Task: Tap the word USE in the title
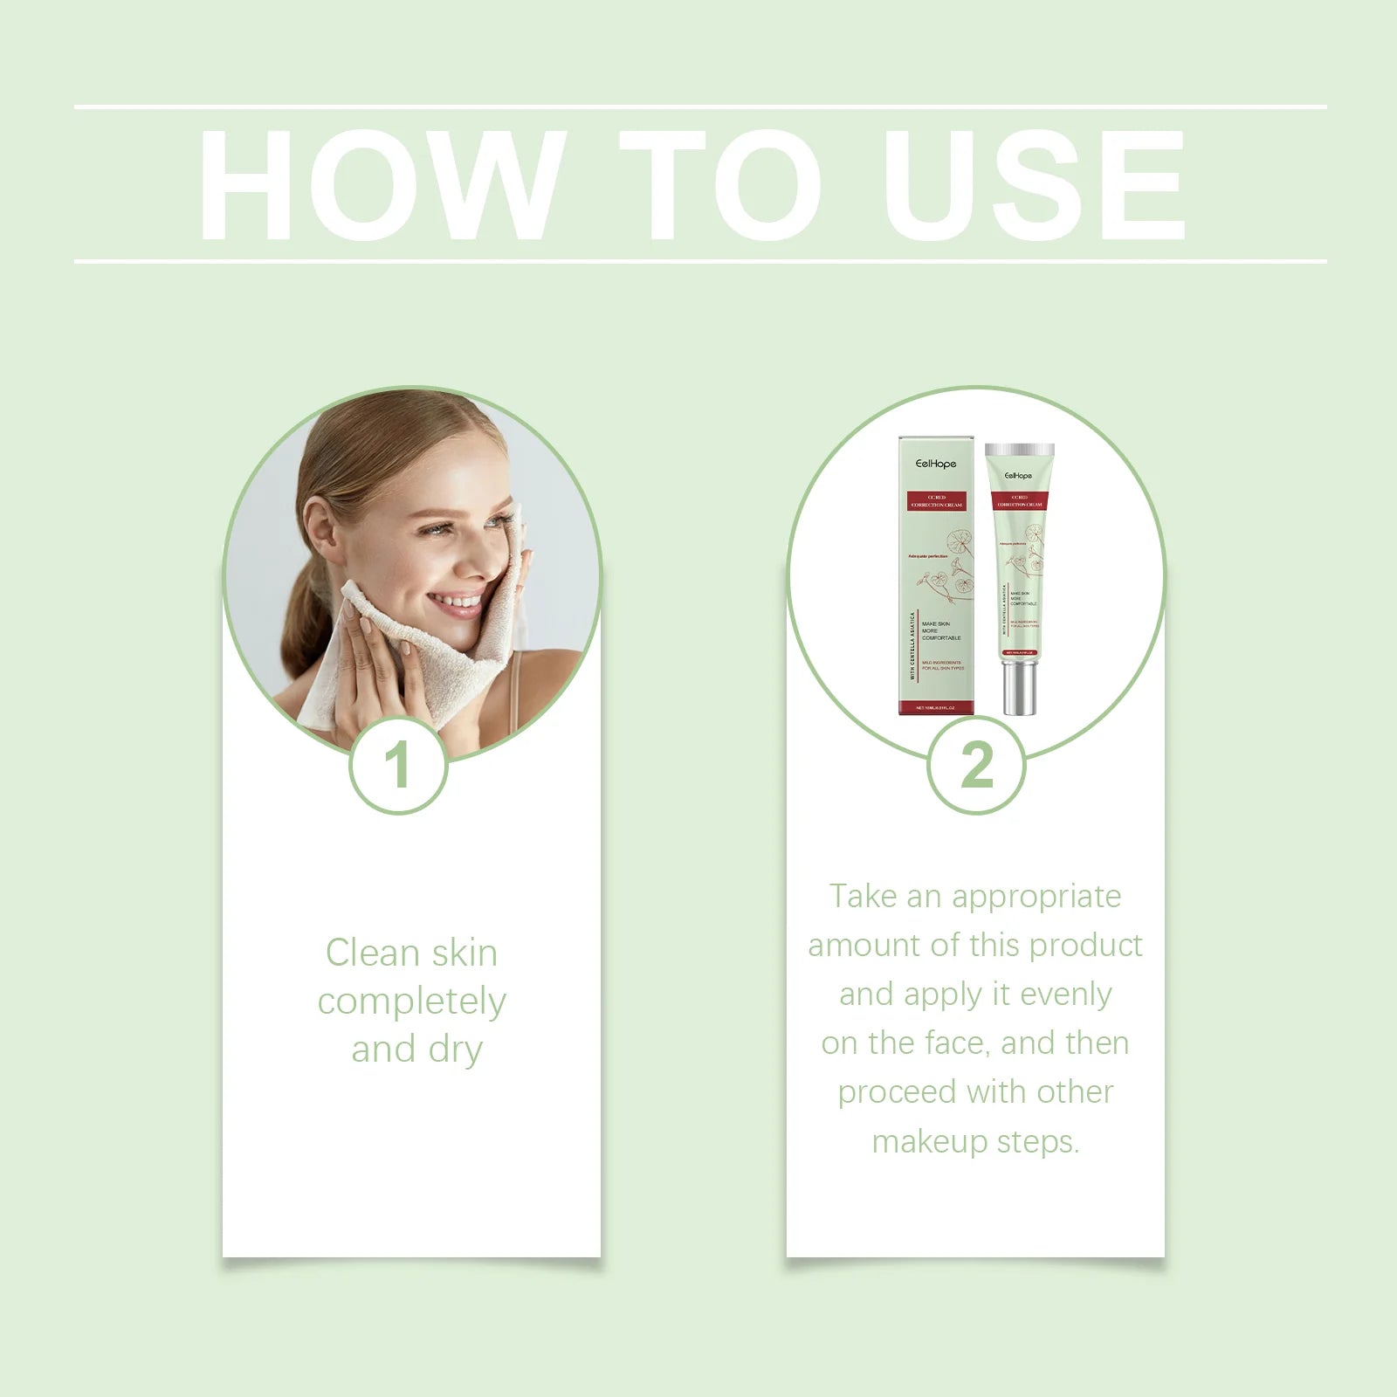(x=1034, y=185)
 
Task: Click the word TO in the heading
(x=720, y=185)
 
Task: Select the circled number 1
(x=398, y=766)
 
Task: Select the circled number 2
(x=976, y=766)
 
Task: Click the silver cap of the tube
(x=1019, y=688)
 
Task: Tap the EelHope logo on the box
(x=936, y=464)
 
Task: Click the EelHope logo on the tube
(x=1018, y=476)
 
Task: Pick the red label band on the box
(x=936, y=501)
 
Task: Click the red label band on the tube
(x=1019, y=501)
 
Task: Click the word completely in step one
(x=411, y=1002)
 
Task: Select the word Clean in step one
(x=374, y=953)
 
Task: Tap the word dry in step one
(x=455, y=1050)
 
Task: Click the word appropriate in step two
(x=1036, y=897)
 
